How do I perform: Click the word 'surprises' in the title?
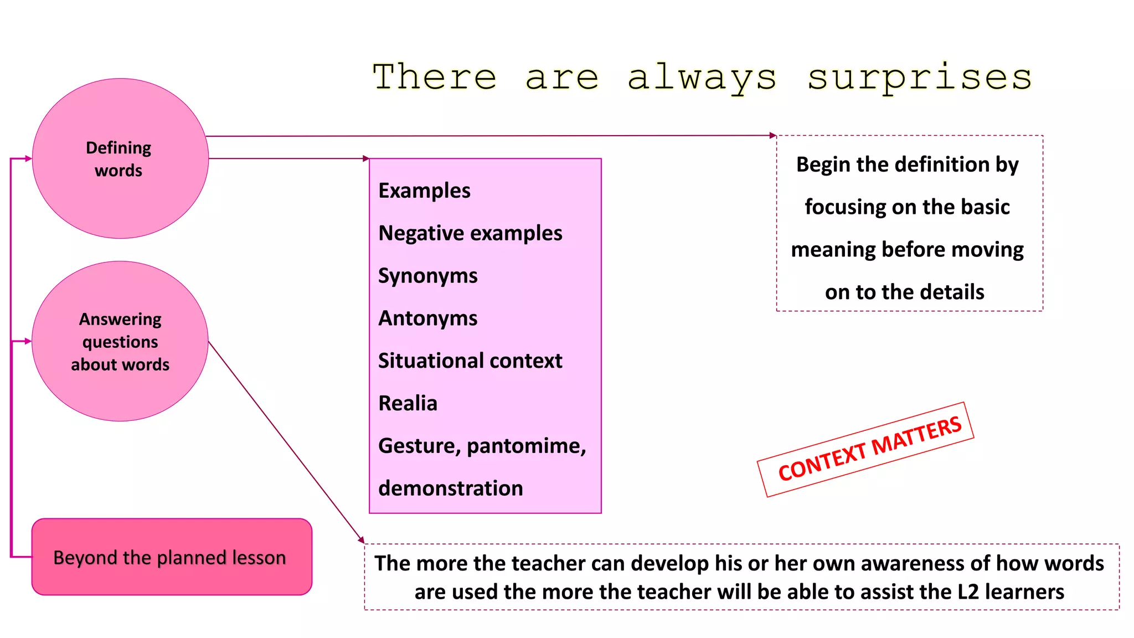[920, 78]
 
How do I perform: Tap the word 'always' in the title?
[702, 78]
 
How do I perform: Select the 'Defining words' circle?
[120, 159]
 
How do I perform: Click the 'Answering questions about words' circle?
[120, 342]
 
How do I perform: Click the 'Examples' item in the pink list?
[424, 191]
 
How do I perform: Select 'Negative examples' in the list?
[470, 233]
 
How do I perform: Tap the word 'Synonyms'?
[427, 276]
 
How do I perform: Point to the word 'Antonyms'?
[427, 318]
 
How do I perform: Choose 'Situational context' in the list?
[470, 361]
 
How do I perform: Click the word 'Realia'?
[408, 403]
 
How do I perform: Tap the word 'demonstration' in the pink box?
[450, 488]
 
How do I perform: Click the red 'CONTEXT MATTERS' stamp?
[869, 449]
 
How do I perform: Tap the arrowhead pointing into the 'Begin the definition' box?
[773, 135]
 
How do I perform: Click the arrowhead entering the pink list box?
[366, 158]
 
